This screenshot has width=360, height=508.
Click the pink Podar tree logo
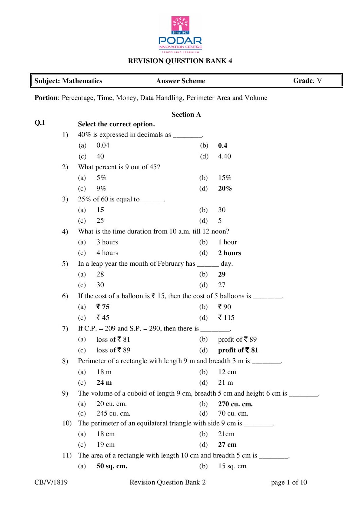[x=180, y=25]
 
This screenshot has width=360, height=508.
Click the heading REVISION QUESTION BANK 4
[x=180, y=61]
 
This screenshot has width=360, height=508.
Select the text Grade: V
[x=307, y=81]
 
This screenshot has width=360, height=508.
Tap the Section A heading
[x=186, y=115]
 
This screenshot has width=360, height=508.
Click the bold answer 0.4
[x=222, y=145]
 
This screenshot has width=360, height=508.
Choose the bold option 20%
[x=225, y=189]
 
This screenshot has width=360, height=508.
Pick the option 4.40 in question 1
[x=224, y=156]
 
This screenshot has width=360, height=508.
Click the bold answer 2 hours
[x=229, y=253]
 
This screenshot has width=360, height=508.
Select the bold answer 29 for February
[x=221, y=274]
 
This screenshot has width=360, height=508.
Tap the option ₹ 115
[x=226, y=317]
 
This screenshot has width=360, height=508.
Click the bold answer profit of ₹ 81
[x=238, y=350]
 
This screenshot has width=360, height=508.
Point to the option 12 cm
[x=227, y=372]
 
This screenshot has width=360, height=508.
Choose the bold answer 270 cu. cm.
[x=235, y=404]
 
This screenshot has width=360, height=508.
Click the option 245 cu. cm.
[x=113, y=413]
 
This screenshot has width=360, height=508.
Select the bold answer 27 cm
[x=227, y=444]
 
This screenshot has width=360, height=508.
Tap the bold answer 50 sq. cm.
[x=112, y=466]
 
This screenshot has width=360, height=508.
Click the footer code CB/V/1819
[x=51, y=482]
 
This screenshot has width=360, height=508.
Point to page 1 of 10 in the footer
[x=289, y=482]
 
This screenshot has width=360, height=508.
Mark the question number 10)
[x=67, y=423]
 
